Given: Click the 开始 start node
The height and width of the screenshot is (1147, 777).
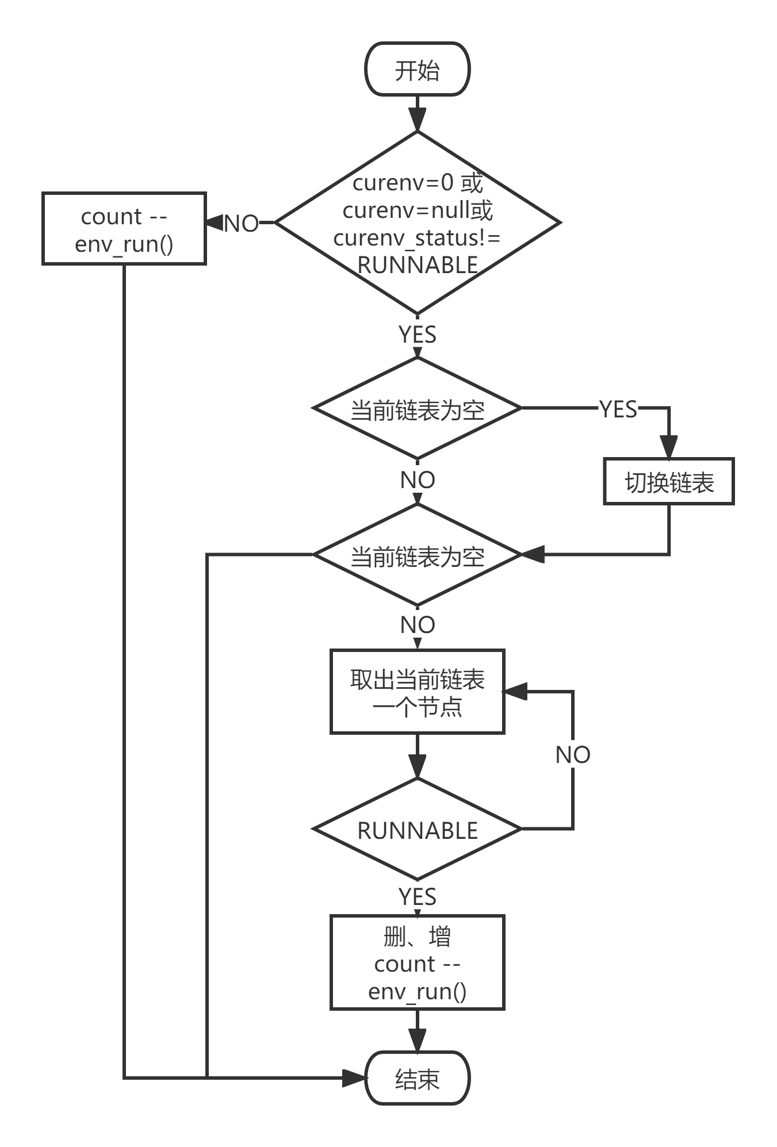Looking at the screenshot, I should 417,69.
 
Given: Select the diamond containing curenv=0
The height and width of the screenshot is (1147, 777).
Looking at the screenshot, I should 418,223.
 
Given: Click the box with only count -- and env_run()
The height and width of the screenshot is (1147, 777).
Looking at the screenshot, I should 124,229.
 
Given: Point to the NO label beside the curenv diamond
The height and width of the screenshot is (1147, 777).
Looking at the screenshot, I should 241,223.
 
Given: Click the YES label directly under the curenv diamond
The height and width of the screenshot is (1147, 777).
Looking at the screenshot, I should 418,333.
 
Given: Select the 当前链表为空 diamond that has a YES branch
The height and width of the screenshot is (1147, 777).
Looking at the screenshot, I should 418,409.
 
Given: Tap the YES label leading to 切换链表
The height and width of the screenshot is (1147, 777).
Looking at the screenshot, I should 618,409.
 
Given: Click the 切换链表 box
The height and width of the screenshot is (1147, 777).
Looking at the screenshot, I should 669,482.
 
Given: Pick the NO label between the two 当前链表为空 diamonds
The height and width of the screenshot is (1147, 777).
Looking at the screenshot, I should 418,479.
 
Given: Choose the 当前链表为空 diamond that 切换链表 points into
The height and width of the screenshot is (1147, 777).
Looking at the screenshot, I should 418,555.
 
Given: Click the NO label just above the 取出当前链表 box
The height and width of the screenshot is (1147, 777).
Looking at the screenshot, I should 418,624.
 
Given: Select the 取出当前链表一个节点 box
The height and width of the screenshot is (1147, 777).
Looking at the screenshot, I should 418,692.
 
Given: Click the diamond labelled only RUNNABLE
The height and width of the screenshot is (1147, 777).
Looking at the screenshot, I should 418,830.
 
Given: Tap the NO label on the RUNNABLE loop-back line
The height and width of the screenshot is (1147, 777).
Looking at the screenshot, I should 573,754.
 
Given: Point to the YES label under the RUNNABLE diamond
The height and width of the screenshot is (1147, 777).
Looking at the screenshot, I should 418,896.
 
